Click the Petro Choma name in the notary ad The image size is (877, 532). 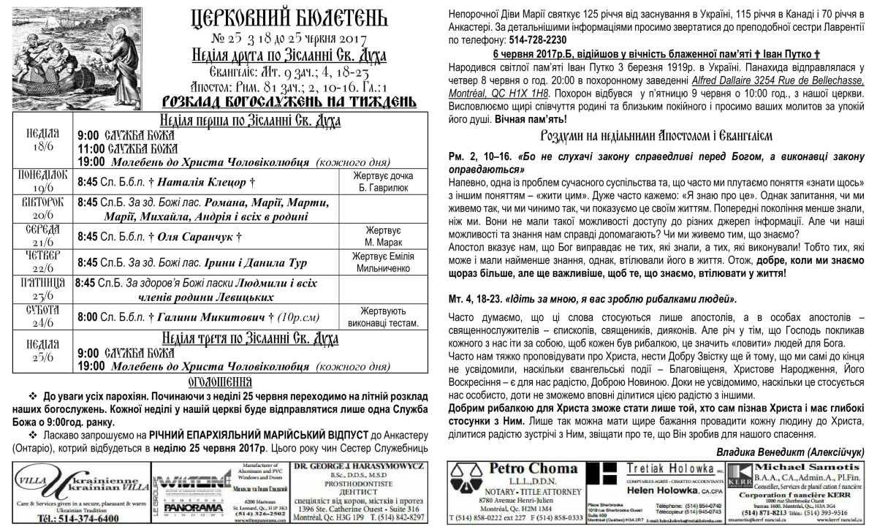(519, 469)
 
